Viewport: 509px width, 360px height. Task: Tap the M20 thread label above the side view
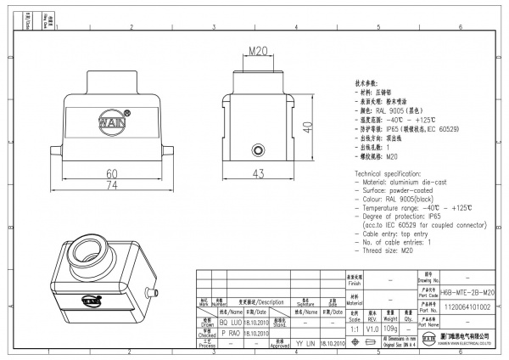[260, 52]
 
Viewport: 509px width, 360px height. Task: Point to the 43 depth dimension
[260, 174]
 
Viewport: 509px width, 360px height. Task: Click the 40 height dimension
[308, 125]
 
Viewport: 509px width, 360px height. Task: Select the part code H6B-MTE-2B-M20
[468, 291]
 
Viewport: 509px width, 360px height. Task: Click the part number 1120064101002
[468, 307]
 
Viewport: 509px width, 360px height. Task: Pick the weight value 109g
[390, 328]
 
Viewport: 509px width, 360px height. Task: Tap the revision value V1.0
[371, 328]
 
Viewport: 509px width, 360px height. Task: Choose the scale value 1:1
[353, 328]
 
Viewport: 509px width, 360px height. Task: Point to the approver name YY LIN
[305, 346]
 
